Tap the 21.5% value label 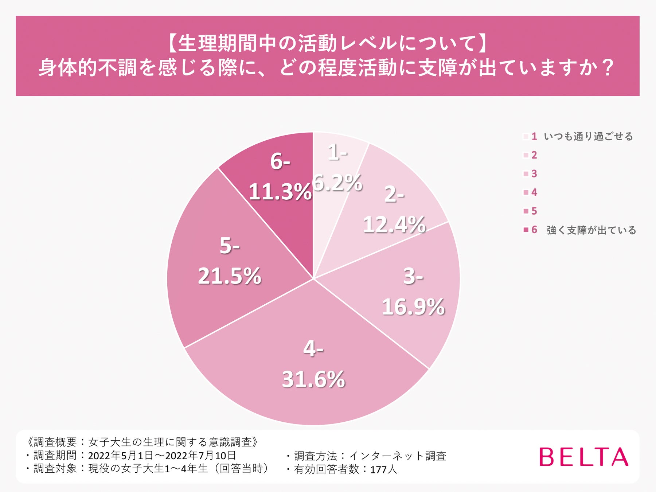(230, 276)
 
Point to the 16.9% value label (413, 306)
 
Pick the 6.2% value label (337, 182)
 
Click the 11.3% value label (280, 191)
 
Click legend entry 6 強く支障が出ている (590, 230)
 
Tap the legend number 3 (534, 174)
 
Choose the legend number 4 (534, 192)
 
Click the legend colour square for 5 (526, 211)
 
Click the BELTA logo (583, 457)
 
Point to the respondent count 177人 (383, 469)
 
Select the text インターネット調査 (397, 456)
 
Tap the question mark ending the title (608, 68)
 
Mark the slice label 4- (313, 349)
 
